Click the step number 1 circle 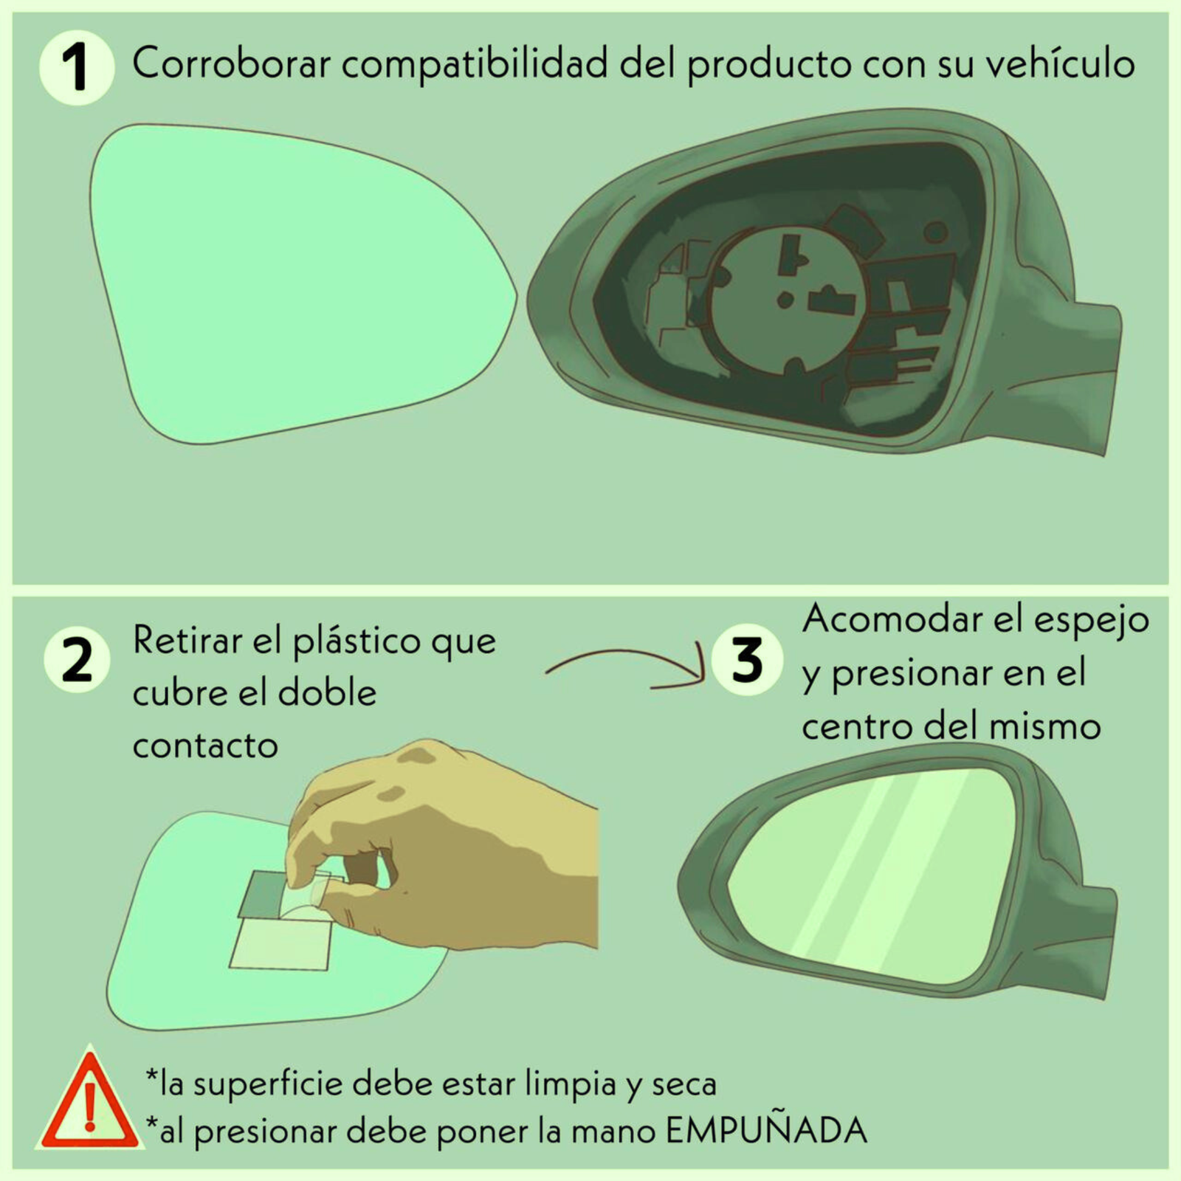point(76,66)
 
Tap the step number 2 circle point(77,659)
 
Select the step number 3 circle point(747,660)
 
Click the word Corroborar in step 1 point(232,63)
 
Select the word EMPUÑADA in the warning point(766,1130)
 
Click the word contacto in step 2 point(205,746)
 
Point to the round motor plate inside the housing point(788,299)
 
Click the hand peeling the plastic point(443,849)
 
